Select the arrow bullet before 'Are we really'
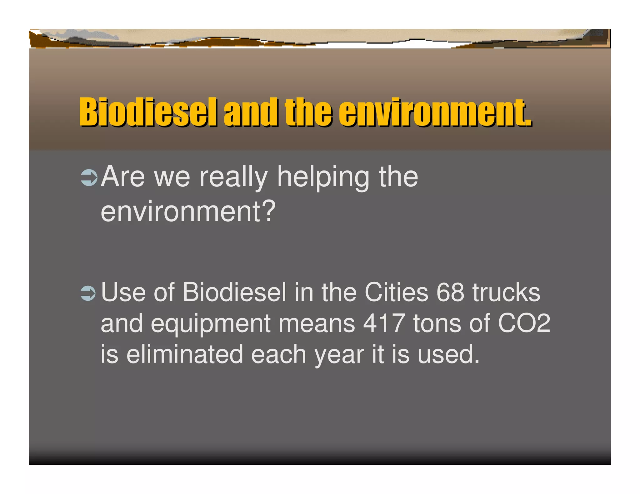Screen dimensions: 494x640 [89, 178]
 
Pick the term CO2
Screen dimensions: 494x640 [524, 324]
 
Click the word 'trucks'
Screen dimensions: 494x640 [506, 293]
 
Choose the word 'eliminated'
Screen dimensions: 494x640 [185, 354]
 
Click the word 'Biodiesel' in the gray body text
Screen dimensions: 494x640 [234, 293]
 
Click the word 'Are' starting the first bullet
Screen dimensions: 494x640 [123, 177]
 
